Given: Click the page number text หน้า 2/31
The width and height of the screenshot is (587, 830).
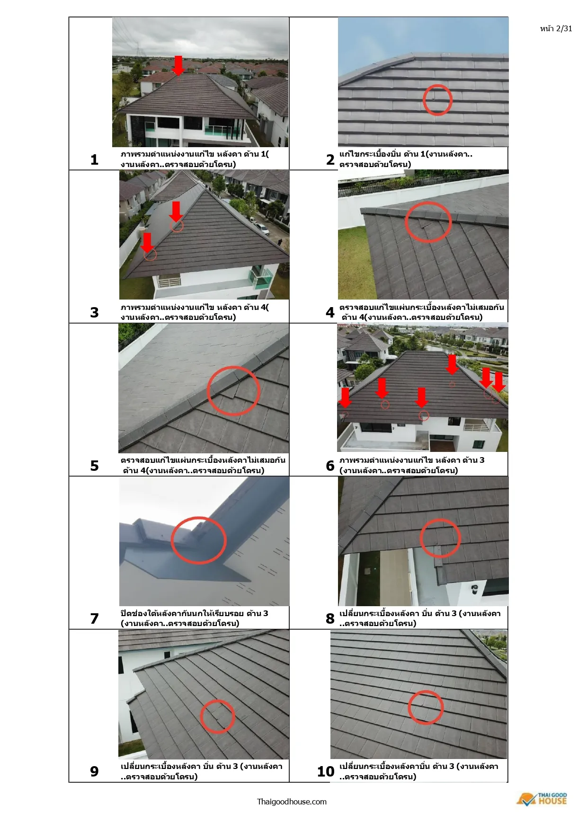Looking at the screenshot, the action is coord(556,28).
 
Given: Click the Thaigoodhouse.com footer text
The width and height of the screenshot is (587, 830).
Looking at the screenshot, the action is coord(292,802).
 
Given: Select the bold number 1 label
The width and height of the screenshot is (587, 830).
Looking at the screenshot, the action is coord(94,159).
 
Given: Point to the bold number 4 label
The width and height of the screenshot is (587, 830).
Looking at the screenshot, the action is coord(330,312).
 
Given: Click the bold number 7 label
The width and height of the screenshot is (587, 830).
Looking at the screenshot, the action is coord(94,618).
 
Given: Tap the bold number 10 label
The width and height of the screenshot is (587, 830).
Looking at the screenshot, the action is coord(326,771).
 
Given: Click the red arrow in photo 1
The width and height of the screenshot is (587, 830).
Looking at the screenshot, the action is coord(178,65).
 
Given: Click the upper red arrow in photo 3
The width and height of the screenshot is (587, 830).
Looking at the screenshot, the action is coord(176,212).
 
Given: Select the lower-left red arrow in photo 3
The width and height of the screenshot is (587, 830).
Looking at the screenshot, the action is coord(147,242).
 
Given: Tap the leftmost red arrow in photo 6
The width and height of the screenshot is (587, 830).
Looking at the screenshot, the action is coord(345,397).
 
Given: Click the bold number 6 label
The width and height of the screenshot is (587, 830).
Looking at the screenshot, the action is coord(330,466).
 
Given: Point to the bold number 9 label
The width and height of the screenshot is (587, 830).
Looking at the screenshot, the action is coord(94,771).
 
